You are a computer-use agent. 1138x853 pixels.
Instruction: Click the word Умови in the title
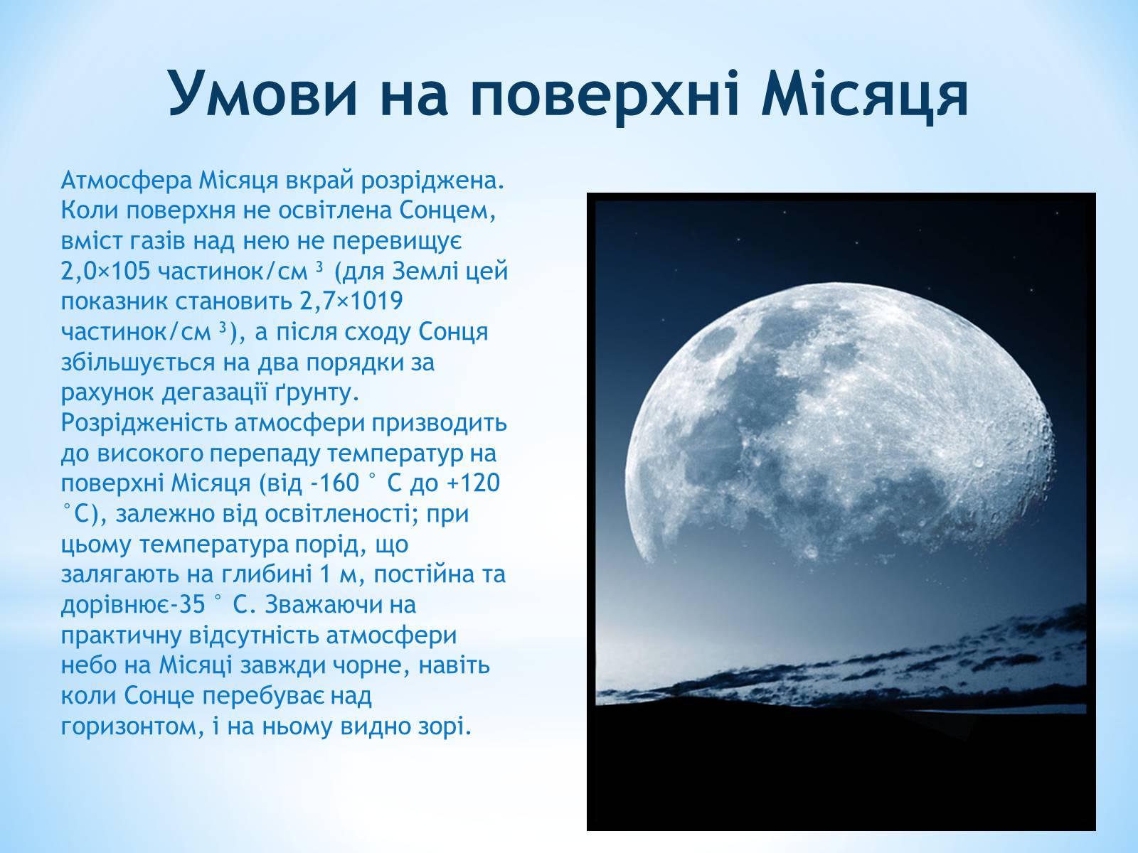(262, 94)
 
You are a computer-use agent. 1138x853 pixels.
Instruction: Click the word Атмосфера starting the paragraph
(127, 181)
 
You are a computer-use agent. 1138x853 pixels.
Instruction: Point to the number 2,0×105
(105, 272)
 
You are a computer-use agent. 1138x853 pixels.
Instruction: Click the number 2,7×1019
(351, 301)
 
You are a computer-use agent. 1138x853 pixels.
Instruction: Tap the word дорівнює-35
(134, 606)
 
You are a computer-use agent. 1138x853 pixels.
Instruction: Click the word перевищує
(397, 242)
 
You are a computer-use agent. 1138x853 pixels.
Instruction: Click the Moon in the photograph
(840, 422)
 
